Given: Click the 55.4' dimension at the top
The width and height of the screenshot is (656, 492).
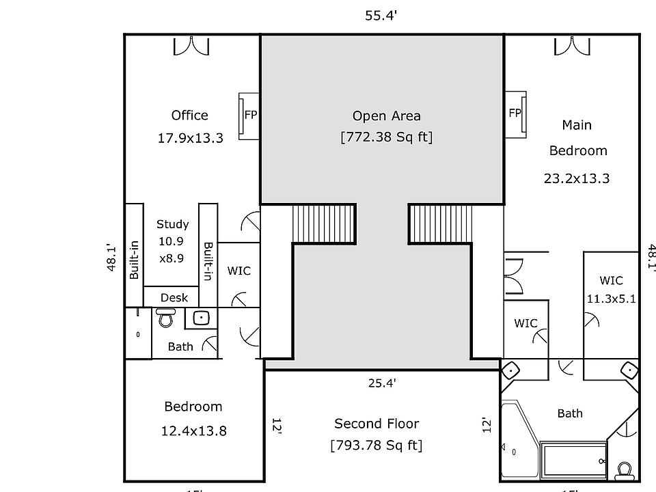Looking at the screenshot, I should click(381, 16).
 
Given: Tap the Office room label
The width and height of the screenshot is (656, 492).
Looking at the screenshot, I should click(189, 115).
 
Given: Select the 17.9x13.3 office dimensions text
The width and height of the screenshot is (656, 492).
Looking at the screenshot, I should click(190, 138).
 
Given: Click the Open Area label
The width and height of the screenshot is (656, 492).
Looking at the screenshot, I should click(386, 115).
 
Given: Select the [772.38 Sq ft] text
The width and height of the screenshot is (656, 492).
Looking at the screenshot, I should click(386, 137).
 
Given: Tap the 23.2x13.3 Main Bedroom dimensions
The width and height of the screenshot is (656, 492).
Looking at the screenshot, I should click(576, 179).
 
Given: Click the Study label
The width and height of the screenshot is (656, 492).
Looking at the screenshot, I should click(172, 224).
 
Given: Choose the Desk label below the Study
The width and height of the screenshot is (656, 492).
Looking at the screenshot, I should click(174, 298).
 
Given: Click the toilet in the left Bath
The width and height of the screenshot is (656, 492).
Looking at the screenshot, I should click(165, 318).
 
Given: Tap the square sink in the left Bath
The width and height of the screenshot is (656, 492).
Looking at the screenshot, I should click(201, 317).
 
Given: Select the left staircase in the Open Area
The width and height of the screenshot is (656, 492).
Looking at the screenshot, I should click(325, 223).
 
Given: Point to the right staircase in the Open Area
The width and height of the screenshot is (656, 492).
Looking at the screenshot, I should click(441, 223).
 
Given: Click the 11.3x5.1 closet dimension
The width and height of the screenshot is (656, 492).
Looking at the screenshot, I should click(611, 298).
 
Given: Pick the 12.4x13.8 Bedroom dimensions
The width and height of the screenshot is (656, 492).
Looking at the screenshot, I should click(193, 430).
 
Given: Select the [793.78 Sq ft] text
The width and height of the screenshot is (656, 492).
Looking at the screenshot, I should click(376, 446).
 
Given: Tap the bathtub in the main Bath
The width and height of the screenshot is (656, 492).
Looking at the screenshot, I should click(573, 463).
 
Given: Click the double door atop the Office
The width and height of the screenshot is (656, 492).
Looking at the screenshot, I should click(191, 46).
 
